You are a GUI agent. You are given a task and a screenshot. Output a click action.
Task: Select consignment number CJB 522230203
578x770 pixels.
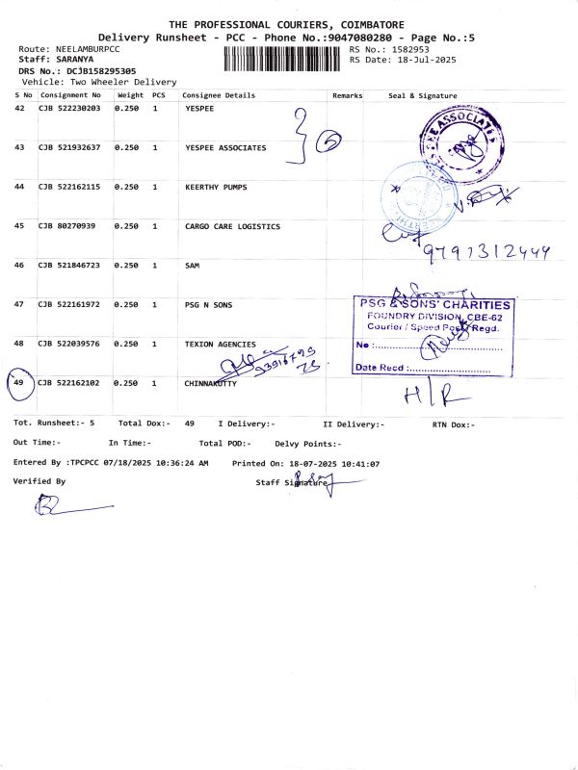pyautogui.click(x=69, y=109)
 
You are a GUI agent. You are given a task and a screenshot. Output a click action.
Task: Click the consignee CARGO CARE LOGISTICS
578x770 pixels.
pyautogui.click(x=232, y=226)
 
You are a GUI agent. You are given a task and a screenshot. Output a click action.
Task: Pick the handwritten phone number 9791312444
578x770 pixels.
pyautogui.click(x=486, y=252)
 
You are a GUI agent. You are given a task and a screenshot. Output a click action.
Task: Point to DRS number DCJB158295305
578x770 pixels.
pyautogui.click(x=100, y=71)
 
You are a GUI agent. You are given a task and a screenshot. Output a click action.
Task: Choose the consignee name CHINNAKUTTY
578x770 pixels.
pyautogui.click(x=211, y=383)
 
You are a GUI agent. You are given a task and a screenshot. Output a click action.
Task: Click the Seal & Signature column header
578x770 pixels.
pyautogui.click(x=422, y=95)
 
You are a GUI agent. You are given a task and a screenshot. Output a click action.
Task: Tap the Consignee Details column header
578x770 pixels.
pyautogui.click(x=219, y=95)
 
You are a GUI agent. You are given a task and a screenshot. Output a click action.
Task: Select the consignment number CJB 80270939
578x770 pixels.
pyautogui.click(x=66, y=226)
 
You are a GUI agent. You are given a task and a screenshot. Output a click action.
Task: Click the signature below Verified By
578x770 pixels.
pyautogui.click(x=67, y=505)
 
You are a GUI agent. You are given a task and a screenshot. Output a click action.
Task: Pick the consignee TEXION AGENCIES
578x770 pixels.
pyautogui.click(x=221, y=344)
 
